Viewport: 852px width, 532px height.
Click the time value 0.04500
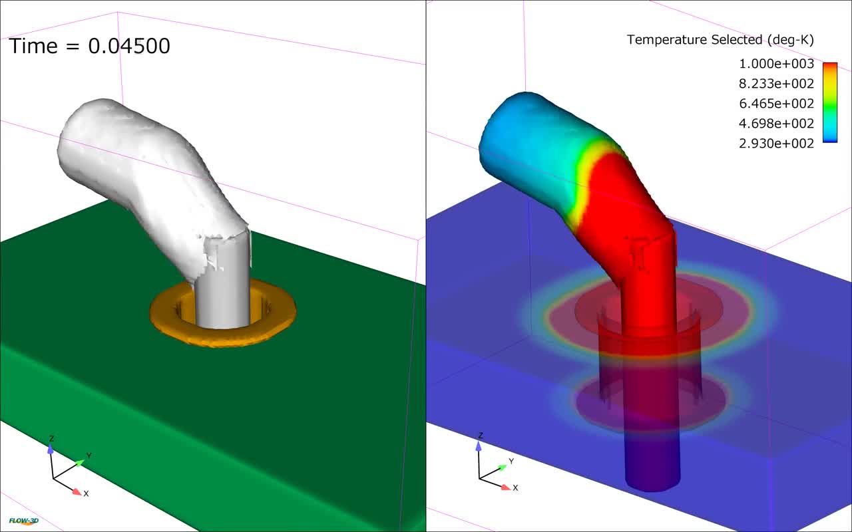coord(129,46)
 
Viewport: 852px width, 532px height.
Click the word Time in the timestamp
coord(33,46)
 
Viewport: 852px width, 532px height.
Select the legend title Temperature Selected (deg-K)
coord(720,40)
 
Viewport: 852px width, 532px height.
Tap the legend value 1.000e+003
coord(776,63)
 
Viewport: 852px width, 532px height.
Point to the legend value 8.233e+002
coord(776,83)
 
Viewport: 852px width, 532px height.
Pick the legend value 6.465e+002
coord(776,103)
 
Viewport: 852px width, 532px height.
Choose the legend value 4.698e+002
coord(776,123)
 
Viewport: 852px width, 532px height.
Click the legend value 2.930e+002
coord(776,143)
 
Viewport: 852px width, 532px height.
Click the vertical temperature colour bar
coord(830,102)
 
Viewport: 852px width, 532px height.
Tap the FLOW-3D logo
coord(23,521)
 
